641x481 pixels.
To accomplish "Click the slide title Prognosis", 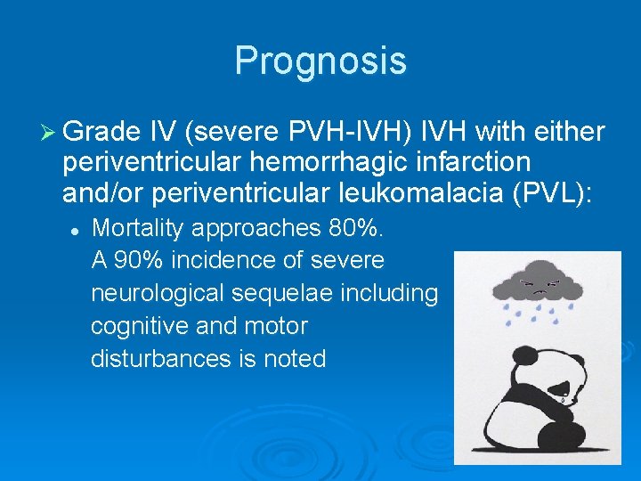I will [320, 61].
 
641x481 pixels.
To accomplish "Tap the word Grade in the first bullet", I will [102, 132].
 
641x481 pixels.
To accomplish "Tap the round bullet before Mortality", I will [76, 230].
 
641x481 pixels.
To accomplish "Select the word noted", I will [296, 358].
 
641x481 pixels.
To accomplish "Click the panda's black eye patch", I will [563, 389].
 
